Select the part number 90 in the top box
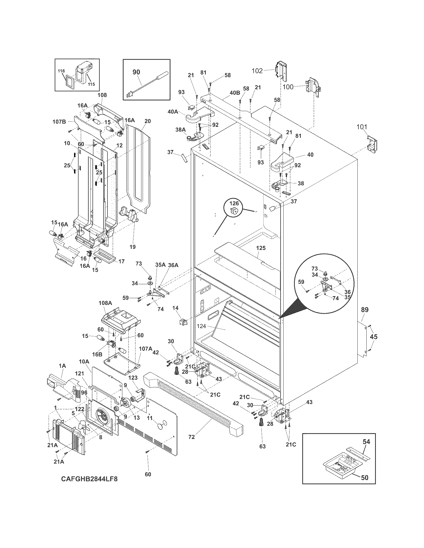click(136, 72)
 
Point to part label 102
click(257, 71)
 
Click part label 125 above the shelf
click(261, 248)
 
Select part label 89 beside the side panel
click(365, 310)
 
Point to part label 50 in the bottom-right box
click(364, 478)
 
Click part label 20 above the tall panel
click(147, 121)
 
